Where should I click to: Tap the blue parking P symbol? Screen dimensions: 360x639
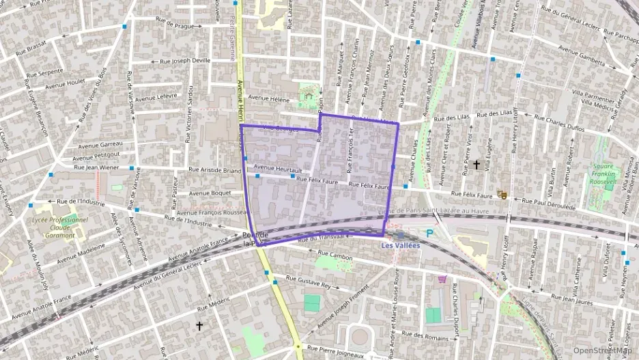coord(429,234)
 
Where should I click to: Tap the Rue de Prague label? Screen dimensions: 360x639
coord(175,26)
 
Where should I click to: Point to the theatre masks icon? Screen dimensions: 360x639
coord(502,195)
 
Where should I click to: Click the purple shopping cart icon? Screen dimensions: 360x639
coord(442,279)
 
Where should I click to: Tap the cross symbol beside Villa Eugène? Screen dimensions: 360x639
coord(477,165)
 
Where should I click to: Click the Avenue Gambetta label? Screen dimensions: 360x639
coord(582,55)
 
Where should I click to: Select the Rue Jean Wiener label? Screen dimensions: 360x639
coord(96,167)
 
